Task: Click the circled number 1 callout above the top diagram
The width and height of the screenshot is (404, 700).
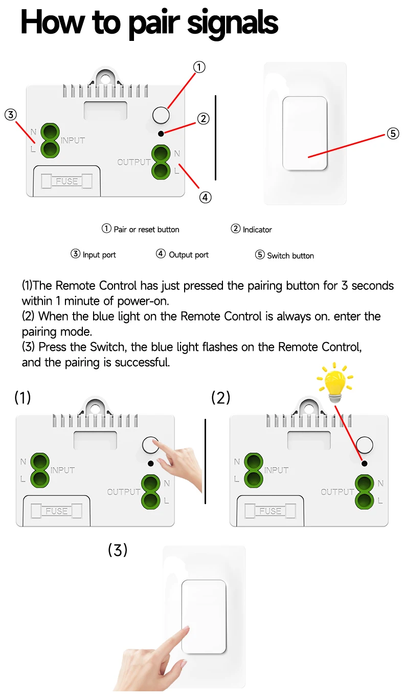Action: click(x=199, y=67)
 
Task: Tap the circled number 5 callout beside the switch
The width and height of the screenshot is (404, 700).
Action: click(x=392, y=133)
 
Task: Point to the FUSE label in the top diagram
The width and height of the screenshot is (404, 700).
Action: click(x=67, y=182)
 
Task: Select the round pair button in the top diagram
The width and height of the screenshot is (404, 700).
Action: click(x=161, y=115)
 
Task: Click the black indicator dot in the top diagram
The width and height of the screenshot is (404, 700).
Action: click(x=161, y=133)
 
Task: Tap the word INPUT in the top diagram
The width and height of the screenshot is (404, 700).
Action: click(x=73, y=140)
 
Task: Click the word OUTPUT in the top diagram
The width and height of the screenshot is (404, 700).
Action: click(x=134, y=162)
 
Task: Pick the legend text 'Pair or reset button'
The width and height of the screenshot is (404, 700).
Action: click(x=146, y=230)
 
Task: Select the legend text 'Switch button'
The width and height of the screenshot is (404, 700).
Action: click(x=290, y=256)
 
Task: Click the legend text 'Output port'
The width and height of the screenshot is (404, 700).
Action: click(x=189, y=255)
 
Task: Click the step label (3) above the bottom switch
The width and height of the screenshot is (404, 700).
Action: click(x=118, y=550)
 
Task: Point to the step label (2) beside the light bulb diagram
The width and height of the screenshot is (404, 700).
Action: click(x=221, y=397)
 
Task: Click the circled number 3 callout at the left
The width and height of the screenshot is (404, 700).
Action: click(x=11, y=115)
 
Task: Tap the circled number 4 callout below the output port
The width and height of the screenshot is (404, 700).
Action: click(x=205, y=197)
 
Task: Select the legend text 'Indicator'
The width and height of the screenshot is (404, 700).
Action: click(x=257, y=230)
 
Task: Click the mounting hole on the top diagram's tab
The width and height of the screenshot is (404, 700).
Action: click(x=105, y=79)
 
